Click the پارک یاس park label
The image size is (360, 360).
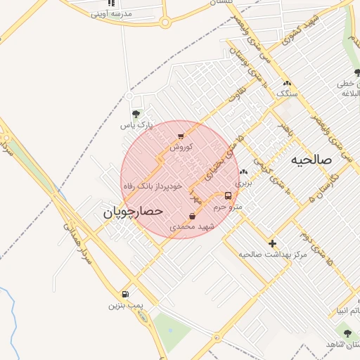(136, 125)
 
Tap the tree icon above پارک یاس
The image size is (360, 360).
(136, 113)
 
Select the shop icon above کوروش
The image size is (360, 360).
(181, 136)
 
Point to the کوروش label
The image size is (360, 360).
(181, 147)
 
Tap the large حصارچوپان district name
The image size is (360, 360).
(134, 210)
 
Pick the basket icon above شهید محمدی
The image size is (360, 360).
(192, 216)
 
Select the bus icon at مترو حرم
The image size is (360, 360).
(228, 195)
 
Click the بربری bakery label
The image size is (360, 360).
(243, 182)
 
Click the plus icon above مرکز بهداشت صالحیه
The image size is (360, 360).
(273, 243)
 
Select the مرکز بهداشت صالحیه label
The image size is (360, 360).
(273, 254)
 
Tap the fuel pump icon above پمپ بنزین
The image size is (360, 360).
(125, 294)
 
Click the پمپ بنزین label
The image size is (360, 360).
(125, 305)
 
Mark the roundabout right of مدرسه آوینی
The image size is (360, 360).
(165, 22)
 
